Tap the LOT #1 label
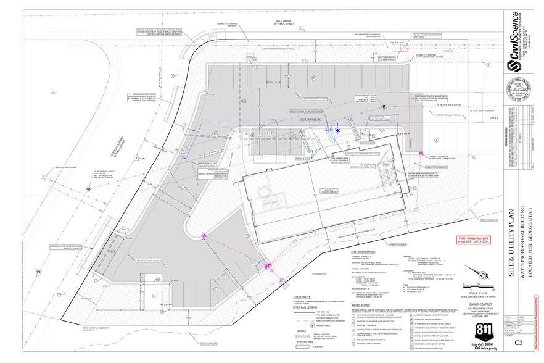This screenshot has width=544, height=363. pos(52,93)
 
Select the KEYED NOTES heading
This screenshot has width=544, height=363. pos(361,304)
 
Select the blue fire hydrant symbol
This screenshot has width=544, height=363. pos(337,130)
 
